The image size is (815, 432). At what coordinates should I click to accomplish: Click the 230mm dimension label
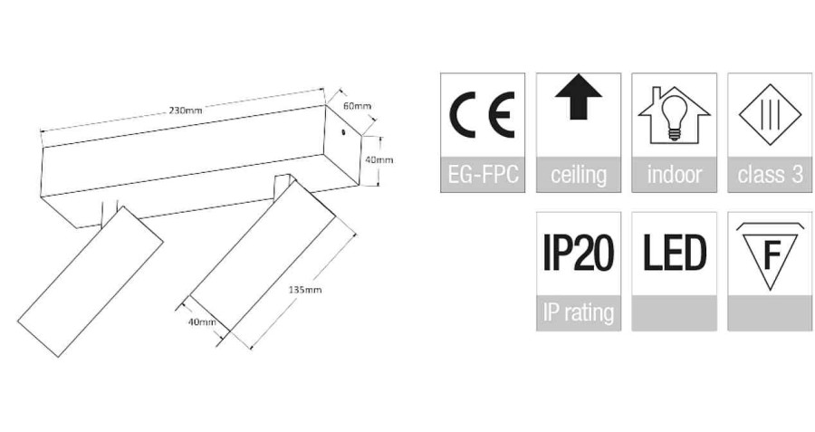click(x=185, y=110)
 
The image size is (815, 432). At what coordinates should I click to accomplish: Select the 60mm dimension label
click(x=357, y=106)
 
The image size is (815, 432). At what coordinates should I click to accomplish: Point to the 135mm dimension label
click(x=305, y=290)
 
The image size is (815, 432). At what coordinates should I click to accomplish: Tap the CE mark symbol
click(x=482, y=114)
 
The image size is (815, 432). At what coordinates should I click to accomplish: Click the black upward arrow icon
click(x=578, y=97)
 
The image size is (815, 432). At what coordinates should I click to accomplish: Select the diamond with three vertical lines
click(x=770, y=114)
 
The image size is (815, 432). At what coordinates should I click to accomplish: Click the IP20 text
click(x=579, y=254)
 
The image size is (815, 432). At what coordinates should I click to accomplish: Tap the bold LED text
click(x=675, y=253)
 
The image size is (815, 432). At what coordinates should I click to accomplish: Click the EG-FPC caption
click(x=483, y=174)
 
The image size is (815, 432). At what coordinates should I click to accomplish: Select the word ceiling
click(x=579, y=175)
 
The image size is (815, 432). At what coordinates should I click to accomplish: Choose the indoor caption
click(x=674, y=174)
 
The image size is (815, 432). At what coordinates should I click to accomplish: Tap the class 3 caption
click(x=771, y=174)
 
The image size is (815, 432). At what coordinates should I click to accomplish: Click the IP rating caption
click(x=579, y=313)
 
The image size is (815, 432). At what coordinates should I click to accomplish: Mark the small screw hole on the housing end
click(x=343, y=131)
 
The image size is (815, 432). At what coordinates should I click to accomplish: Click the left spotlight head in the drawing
click(x=91, y=282)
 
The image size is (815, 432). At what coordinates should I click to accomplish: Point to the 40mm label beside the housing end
click(x=379, y=159)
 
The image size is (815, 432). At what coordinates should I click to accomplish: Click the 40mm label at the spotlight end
click(x=202, y=322)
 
